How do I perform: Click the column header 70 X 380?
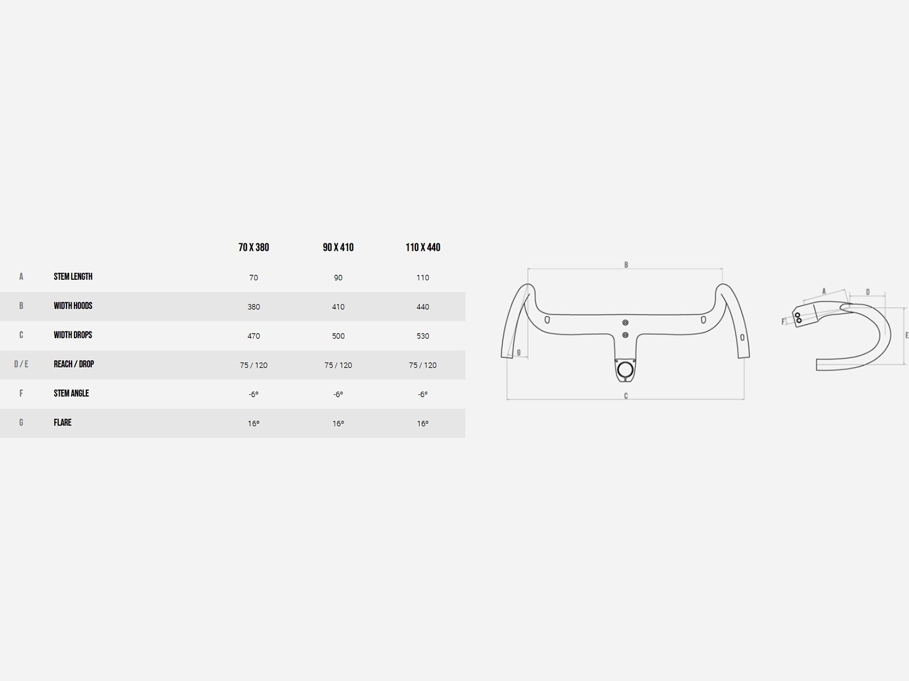coord(253,247)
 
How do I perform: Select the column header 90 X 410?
coord(338,247)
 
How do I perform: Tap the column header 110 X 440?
coord(423,247)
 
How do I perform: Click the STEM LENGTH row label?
coord(73,276)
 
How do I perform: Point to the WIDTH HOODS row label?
coord(73,306)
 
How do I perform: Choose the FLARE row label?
coord(62,423)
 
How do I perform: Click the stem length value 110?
coord(423,278)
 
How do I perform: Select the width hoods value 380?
coord(253,307)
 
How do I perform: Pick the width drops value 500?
coord(338,336)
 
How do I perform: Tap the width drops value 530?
coord(423,336)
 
